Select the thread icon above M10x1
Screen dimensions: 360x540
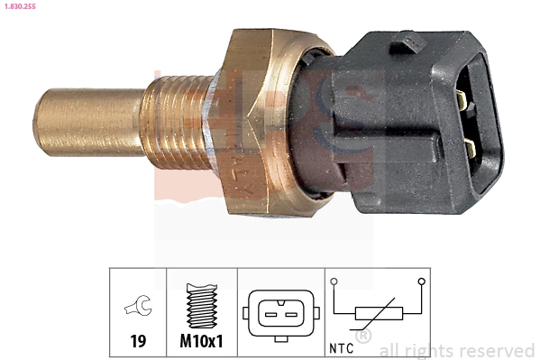[202, 307]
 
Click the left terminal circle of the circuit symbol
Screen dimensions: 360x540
[334, 282]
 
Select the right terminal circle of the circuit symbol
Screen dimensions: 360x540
[421, 282]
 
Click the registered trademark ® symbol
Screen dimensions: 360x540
[363, 336]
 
